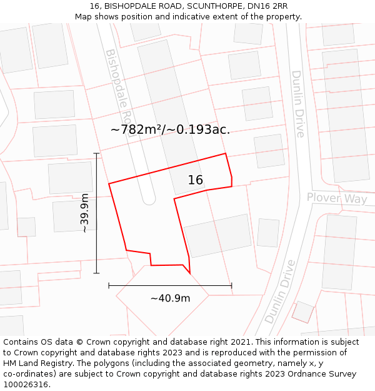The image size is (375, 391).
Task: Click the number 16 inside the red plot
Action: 196,180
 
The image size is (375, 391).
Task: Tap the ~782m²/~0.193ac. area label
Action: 170,129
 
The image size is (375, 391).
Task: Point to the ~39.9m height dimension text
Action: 84,213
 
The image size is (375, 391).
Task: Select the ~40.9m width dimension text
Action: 170,298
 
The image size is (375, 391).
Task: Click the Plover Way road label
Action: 337,198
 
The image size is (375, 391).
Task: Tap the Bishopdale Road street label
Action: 120,88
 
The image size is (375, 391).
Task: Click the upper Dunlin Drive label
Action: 298,104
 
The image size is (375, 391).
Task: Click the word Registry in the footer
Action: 77,363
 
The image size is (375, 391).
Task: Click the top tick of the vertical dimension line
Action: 96,153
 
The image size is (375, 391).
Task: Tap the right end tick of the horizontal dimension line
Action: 231,286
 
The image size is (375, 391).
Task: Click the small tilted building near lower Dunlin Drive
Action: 303,312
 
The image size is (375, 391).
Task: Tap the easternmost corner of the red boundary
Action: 232,181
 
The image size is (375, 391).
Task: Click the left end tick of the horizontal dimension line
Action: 109,286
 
